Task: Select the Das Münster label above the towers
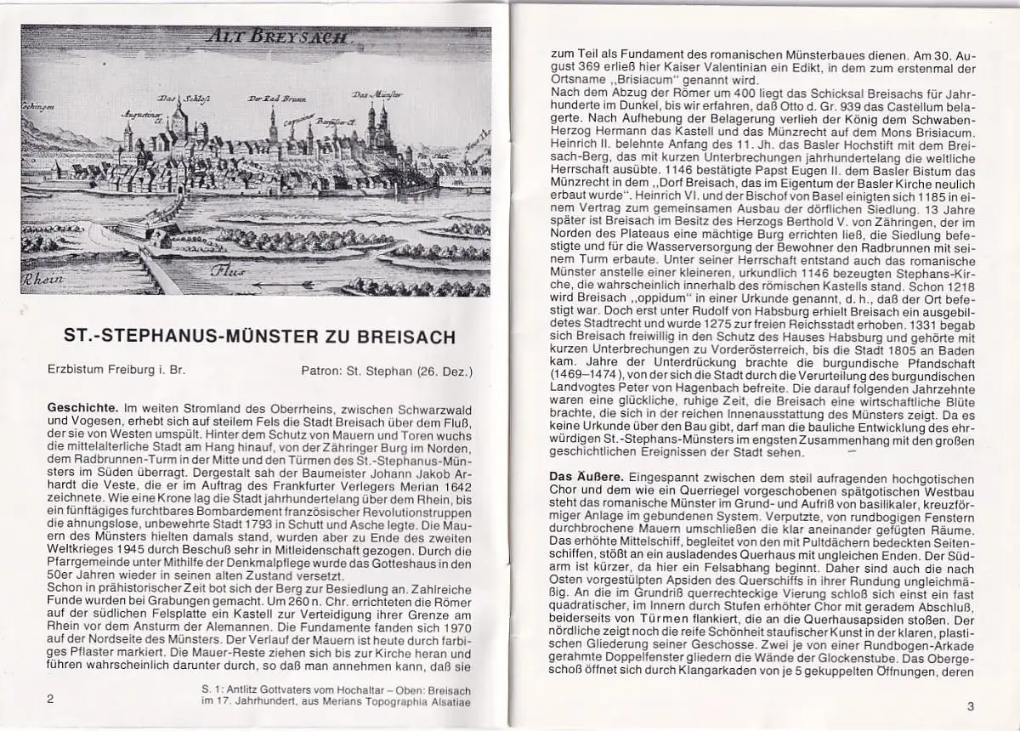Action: (x=377, y=93)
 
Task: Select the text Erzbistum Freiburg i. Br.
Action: (x=116, y=371)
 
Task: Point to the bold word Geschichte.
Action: (x=83, y=409)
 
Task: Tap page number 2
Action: (x=51, y=699)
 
